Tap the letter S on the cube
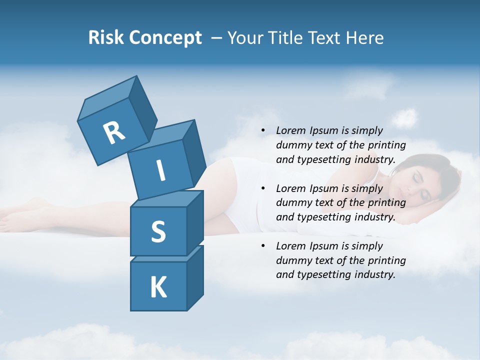pos(158,232)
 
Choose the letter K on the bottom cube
pos(158,287)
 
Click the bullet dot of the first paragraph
pos(263,131)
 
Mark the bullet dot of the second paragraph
pos(263,189)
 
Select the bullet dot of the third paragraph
pos(263,246)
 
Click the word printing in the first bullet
pos(388,145)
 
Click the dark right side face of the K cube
pos(195,280)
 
